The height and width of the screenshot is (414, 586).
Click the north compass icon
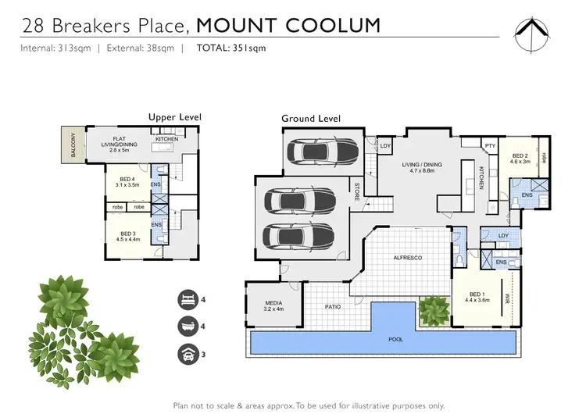pyautogui.click(x=536, y=33)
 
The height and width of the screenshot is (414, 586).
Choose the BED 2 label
pyautogui.click(x=520, y=156)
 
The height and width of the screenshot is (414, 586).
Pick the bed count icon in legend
pyautogui.click(x=188, y=298)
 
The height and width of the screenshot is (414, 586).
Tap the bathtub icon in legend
pyautogui.click(x=188, y=325)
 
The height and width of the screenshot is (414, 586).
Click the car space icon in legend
pyautogui.click(x=188, y=352)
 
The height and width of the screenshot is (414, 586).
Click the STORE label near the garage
pyautogui.click(x=357, y=191)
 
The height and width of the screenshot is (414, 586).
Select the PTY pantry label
pyautogui.click(x=490, y=146)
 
